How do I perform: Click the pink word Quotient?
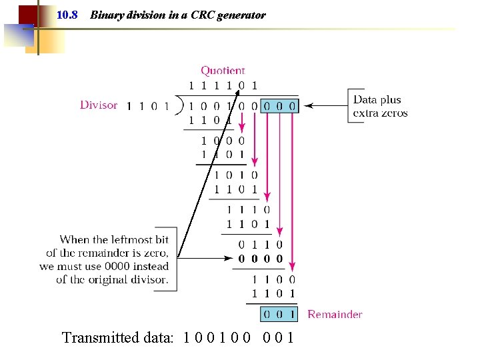click(223, 70)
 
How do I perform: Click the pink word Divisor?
click(99, 105)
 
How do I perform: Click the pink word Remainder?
click(335, 314)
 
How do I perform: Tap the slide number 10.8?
click(67, 15)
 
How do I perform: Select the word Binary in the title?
click(106, 15)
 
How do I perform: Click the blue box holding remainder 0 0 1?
click(278, 314)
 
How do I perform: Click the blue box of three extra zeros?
click(278, 105)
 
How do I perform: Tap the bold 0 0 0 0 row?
click(260, 259)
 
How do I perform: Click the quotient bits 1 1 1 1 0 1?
click(223, 85)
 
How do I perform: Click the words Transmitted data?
click(117, 337)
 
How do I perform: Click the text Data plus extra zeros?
click(380, 106)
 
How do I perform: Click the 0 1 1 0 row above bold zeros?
click(260, 245)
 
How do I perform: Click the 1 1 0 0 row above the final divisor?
click(273, 280)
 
